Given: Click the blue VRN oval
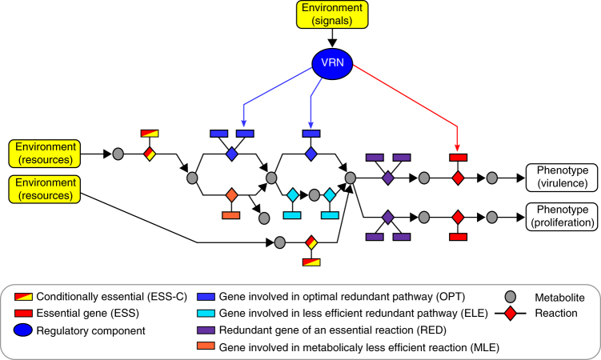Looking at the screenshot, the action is (332, 63).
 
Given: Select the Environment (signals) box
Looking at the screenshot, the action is (332, 14).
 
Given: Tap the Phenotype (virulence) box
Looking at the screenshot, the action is (562, 178).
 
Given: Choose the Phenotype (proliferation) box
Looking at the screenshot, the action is (562, 217).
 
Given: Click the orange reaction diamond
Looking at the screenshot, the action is (231, 195).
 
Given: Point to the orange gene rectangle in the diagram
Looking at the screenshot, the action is (231, 215).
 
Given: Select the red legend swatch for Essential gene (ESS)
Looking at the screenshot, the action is (23, 314).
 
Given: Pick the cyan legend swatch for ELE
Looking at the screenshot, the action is (206, 314).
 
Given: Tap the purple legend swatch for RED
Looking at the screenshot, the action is (206, 330).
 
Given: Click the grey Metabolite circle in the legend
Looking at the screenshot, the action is (510, 297).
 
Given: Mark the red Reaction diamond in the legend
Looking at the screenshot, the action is (510, 314).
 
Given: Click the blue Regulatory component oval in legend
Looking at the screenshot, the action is (23, 330).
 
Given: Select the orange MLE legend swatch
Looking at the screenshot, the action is (206, 346).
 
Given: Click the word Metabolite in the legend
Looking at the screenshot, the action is (559, 298).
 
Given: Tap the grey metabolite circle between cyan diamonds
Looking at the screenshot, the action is (315, 195).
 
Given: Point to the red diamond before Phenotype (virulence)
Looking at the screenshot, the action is (458, 178).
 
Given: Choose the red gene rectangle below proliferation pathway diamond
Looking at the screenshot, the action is (458, 237).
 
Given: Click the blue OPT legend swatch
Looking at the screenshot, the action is (206, 297).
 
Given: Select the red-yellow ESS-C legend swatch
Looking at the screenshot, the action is (23, 297).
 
